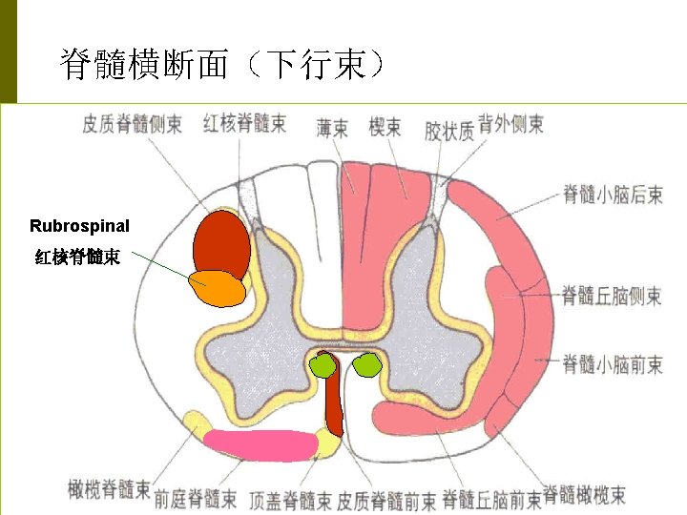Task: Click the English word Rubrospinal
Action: click(79, 226)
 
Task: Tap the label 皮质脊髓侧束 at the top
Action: click(132, 124)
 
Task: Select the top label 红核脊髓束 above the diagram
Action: click(244, 123)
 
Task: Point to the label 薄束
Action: click(332, 127)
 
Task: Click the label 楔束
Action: click(385, 126)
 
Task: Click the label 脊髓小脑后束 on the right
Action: click(613, 195)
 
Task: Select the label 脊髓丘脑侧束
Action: click(612, 295)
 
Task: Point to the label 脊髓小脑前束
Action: click(612, 363)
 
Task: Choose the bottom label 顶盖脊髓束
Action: click(290, 499)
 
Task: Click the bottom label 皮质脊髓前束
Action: click(386, 499)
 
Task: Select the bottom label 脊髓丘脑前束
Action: click(491, 498)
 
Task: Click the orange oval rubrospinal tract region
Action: click(217, 288)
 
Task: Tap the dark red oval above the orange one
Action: click(221, 243)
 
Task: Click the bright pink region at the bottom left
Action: click(260, 444)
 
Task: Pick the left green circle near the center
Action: click(324, 365)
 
